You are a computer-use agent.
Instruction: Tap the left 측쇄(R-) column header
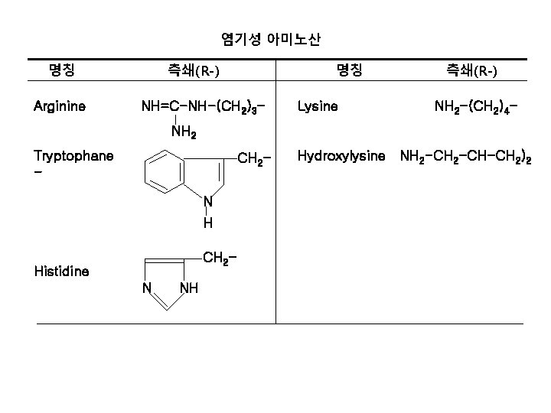(194, 72)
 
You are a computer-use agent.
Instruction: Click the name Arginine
(60, 106)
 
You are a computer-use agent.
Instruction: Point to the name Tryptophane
(73, 157)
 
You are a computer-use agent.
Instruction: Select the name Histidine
(61, 271)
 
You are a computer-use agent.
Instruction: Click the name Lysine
(317, 106)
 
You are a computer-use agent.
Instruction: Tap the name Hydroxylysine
(341, 157)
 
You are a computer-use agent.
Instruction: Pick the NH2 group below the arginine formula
(184, 134)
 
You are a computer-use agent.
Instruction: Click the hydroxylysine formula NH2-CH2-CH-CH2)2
(466, 158)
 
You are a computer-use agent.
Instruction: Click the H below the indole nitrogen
(207, 224)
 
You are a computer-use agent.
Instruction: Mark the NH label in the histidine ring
(188, 288)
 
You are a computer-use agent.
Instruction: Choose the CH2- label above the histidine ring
(219, 259)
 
